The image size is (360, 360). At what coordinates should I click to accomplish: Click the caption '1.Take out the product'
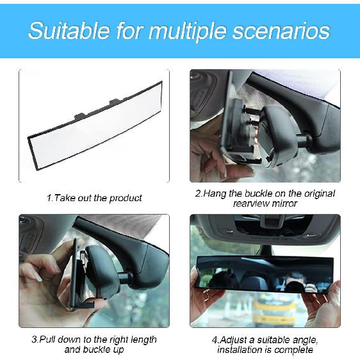[94, 198]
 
